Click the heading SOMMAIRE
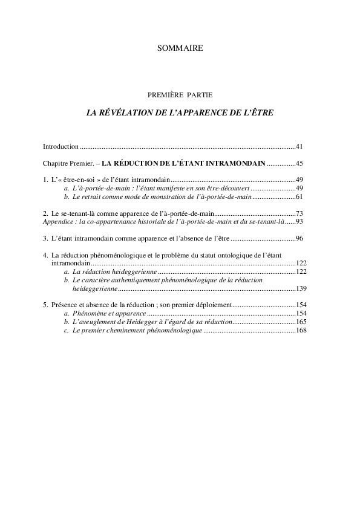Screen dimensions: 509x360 (180, 48)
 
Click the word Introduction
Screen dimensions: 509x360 (61, 146)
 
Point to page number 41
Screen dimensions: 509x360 (299, 146)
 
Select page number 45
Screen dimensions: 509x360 (299, 163)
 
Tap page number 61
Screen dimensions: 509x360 (299, 197)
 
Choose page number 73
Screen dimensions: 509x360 (299, 214)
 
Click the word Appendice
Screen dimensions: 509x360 (59, 222)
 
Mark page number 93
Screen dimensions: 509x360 (299, 222)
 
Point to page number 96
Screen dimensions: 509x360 (299, 239)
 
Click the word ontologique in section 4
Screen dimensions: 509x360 (224, 256)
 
